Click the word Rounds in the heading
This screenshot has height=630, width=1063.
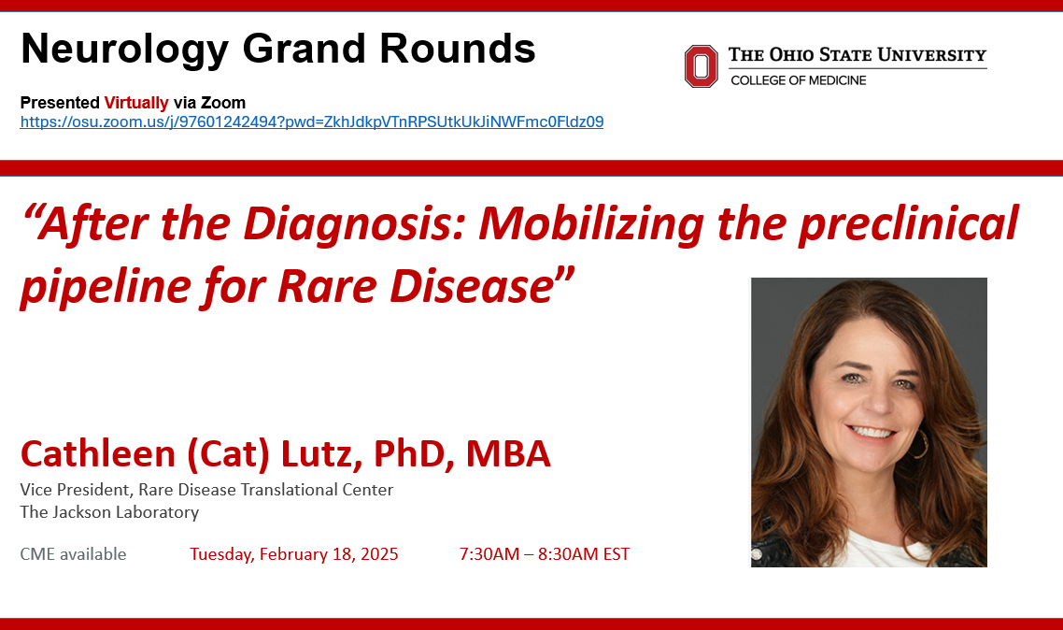click(458, 49)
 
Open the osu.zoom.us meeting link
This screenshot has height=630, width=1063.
click(312, 122)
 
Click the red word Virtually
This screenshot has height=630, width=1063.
click(136, 103)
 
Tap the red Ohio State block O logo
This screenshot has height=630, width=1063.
click(701, 66)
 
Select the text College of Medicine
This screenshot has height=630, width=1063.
click(798, 80)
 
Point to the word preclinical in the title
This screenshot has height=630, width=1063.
click(909, 223)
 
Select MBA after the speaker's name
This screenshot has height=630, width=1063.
click(508, 453)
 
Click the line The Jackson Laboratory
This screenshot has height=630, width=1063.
click(109, 512)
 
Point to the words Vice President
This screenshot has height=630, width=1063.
click(75, 490)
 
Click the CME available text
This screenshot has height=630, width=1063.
click(73, 554)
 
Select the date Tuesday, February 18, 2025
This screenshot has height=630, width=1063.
click(293, 554)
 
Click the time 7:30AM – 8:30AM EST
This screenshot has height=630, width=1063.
click(545, 554)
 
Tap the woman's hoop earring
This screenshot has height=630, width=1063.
click(920, 444)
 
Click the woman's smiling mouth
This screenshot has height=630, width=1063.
click(872, 431)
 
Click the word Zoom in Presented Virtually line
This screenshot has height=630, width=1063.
click(223, 103)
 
